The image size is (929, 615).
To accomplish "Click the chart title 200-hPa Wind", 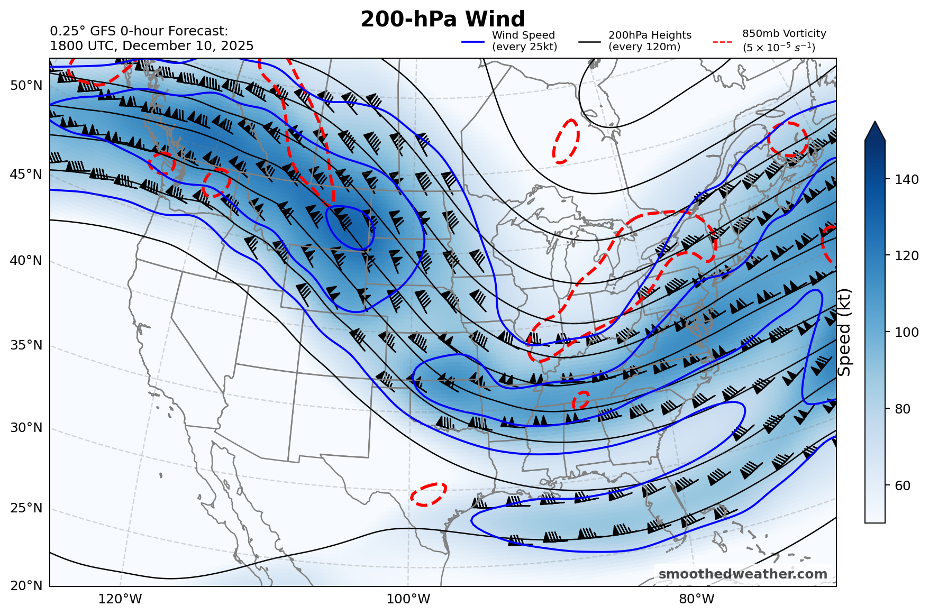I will click(x=442, y=20).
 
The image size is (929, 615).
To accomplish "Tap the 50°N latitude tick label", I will click(x=26, y=86).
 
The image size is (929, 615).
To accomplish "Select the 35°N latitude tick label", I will click(x=26, y=345).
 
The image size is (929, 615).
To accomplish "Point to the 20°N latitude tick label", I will click(x=26, y=586).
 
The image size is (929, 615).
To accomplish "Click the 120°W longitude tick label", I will click(x=120, y=599).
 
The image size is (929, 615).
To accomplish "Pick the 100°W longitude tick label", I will click(x=408, y=599).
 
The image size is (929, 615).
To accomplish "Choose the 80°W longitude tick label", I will click(x=697, y=599).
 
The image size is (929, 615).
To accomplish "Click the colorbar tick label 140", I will click(x=907, y=180).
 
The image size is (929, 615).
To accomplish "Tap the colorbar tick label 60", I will click(x=903, y=486).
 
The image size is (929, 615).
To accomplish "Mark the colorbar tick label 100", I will click(x=907, y=333).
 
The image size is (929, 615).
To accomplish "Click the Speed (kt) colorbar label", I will click(x=845, y=332).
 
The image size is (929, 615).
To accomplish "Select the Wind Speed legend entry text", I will click(x=524, y=41).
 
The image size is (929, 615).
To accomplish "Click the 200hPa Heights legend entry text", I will click(x=650, y=41).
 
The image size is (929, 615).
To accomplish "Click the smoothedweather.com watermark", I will click(x=742, y=574).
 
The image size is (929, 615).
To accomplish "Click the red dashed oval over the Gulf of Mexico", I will click(x=429, y=494).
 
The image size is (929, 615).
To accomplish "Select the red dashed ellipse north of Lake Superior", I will click(x=566, y=141).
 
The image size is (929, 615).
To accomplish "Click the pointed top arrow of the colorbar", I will click(x=875, y=131).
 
